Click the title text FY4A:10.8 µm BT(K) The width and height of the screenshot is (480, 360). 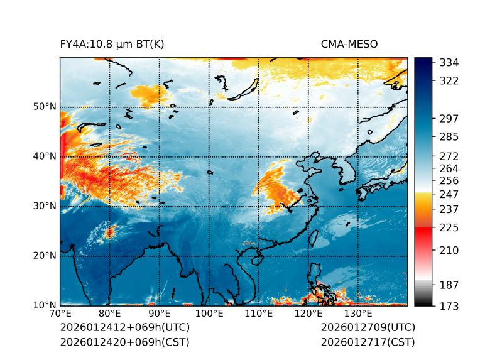point(112,44)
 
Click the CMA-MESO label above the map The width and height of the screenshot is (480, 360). point(349,44)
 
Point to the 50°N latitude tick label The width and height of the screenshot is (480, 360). point(45,106)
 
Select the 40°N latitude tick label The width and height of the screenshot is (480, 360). point(45,156)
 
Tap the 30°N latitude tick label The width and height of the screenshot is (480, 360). point(45,205)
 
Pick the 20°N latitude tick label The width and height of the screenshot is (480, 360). point(45,255)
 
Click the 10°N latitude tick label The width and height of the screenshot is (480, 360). point(45,305)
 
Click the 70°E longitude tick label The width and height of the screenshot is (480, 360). point(60,314)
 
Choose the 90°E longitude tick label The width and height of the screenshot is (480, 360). point(159,314)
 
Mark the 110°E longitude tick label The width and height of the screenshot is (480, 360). point(258,314)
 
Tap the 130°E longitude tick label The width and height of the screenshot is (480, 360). point(357,314)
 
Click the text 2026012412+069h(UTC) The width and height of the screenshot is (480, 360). point(124,327)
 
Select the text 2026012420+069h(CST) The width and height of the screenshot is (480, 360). point(124,342)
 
